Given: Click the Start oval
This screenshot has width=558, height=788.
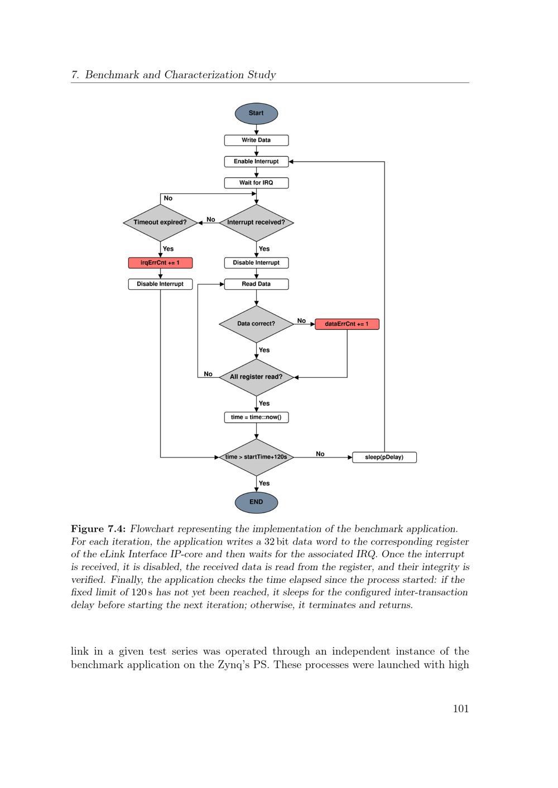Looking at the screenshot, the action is click(x=256, y=113).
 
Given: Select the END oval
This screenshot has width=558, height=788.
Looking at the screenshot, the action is click(x=256, y=502).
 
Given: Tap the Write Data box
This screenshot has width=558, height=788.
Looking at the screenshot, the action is click(x=256, y=140).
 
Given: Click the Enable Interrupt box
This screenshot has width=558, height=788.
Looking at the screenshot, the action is click(x=256, y=162).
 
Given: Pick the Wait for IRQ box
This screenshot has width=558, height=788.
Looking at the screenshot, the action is click(x=256, y=183).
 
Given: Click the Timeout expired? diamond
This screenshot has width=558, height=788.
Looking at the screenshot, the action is click(x=160, y=223).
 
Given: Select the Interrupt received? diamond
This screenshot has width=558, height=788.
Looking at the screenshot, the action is click(x=256, y=223).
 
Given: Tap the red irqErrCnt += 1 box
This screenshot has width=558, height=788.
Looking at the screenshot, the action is click(x=160, y=263).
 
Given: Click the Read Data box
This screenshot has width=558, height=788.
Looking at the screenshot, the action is click(x=256, y=284).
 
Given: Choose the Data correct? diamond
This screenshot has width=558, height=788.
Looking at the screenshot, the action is click(x=256, y=324).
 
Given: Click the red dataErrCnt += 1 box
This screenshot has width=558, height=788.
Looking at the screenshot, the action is click(x=347, y=324).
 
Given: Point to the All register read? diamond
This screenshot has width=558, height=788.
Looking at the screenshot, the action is click(x=256, y=377).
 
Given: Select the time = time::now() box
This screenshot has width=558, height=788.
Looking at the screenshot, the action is click(x=256, y=417).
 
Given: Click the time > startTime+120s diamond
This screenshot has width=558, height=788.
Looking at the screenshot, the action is click(x=256, y=458).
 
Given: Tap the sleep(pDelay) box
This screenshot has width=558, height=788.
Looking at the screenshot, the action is click(x=384, y=458).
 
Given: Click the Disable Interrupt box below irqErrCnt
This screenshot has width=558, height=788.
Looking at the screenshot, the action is click(x=160, y=284).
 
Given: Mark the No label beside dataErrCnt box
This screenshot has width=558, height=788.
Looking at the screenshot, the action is click(x=301, y=320).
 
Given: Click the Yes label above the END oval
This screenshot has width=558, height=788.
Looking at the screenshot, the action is click(x=264, y=483).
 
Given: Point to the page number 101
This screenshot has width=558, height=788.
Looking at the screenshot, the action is click(x=461, y=708).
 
